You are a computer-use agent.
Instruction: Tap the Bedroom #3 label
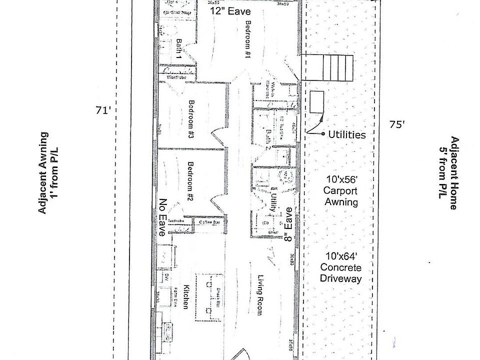pos(191,120)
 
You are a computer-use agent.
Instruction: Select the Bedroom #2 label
pos(190,180)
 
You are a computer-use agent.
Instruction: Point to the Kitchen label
pos(185,296)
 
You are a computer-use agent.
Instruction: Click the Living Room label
pos(260,295)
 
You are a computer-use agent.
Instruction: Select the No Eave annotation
pos(162,217)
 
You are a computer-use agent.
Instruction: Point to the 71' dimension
pos(102,110)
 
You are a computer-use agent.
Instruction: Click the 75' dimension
pos(397,125)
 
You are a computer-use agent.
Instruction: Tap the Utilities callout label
pos(347,134)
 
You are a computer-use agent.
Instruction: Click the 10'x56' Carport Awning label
pos(340,190)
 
